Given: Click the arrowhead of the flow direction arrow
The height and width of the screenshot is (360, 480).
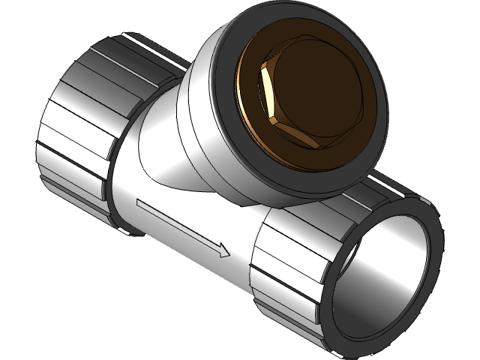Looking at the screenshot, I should coord(223,250).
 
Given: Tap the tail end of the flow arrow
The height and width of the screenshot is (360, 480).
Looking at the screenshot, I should coord(139,202).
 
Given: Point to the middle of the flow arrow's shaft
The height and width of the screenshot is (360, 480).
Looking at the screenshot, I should coord(180,226).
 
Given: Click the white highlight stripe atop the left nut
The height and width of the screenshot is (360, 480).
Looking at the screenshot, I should coord(142,41).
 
